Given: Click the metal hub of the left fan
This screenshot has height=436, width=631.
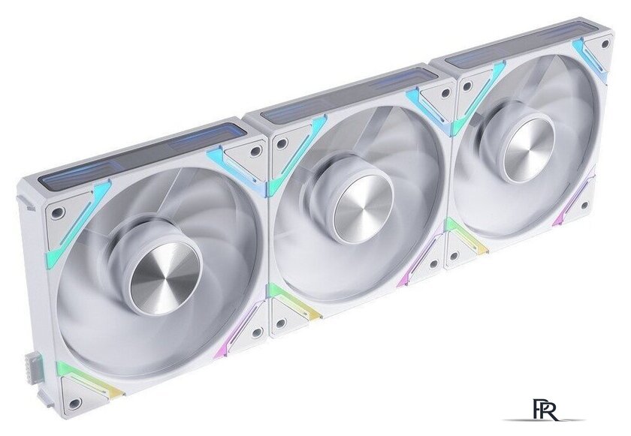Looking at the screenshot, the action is tap(165, 278).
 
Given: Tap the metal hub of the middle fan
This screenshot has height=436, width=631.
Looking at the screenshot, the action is tap(363, 209).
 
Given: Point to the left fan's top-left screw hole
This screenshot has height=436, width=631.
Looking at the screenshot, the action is tap(59, 212).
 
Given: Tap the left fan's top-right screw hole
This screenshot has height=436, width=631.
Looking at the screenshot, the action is tap(255, 151).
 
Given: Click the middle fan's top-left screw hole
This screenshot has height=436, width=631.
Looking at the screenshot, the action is tap(282, 143).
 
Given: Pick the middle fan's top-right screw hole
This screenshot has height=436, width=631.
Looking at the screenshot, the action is tap(445, 93).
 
